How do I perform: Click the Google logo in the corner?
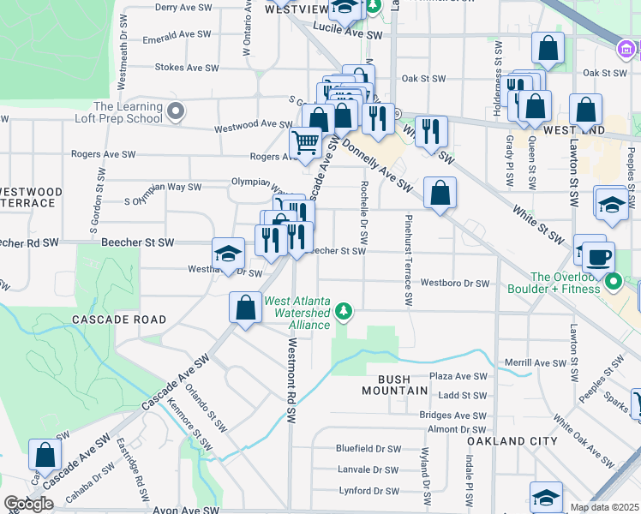coord(28,504)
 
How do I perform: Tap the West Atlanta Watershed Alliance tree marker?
coord(344,310)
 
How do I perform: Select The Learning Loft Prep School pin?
coord(177,111)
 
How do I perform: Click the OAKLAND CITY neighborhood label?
coord(512,441)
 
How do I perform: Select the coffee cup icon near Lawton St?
coord(598,254)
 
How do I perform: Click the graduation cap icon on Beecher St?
coord(228,254)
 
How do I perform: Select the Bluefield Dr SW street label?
coord(368,448)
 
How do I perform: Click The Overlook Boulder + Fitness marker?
coord(613,281)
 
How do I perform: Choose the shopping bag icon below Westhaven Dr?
coord(245,308)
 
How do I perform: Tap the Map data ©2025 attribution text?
coord(605,507)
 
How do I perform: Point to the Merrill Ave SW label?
coord(536,362)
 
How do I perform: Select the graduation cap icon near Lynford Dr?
coord(545,497)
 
